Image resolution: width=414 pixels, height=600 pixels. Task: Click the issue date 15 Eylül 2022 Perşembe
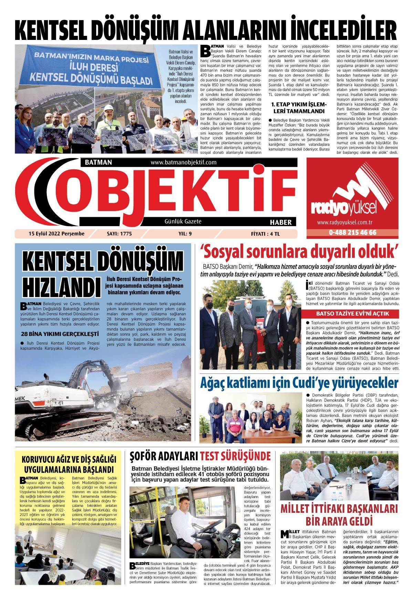[56, 234]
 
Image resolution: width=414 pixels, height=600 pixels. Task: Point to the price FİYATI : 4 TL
[266, 234]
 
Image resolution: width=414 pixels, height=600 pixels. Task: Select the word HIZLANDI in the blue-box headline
[59, 286]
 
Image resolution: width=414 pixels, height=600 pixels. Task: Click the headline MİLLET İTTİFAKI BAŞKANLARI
[339, 509]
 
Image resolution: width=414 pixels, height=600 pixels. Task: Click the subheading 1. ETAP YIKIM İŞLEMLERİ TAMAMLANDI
[298, 107]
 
